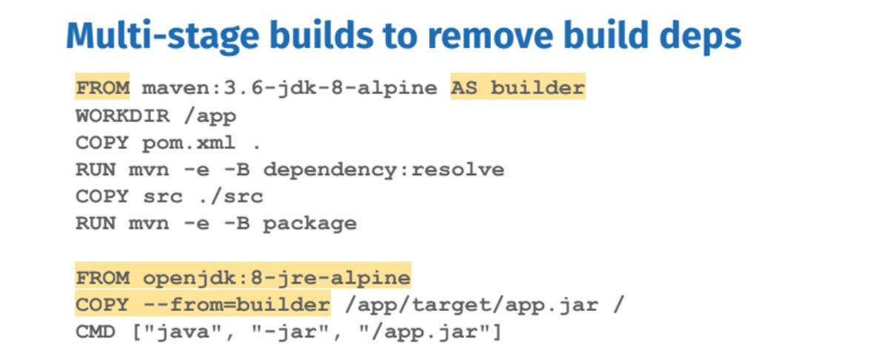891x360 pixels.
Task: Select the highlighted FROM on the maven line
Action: pyautogui.click(x=103, y=87)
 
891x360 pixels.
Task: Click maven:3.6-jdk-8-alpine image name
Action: pyautogui.click(x=290, y=88)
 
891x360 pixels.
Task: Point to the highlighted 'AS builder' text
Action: pyautogui.click(x=518, y=87)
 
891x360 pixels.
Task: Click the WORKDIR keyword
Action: pyautogui.click(x=122, y=116)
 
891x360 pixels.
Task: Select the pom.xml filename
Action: pyautogui.click(x=189, y=143)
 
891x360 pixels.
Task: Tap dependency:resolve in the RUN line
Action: pyautogui.click(x=384, y=170)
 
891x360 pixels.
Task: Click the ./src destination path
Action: pyautogui.click(x=230, y=196)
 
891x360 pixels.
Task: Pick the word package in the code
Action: pyautogui.click(x=310, y=224)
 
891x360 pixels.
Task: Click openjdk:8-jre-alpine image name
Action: pyautogui.click(x=276, y=278)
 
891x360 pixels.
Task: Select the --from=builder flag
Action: pyautogui.click(x=236, y=304)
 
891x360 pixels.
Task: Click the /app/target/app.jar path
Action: pyautogui.click(x=471, y=305)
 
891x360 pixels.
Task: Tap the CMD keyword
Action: pyautogui.click(x=96, y=332)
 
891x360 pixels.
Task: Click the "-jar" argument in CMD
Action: pyautogui.click(x=290, y=332)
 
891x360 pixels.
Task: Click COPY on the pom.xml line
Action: pyautogui.click(x=102, y=143)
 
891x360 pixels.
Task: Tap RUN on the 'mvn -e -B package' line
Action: pyautogui.click(x=96, y=224)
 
